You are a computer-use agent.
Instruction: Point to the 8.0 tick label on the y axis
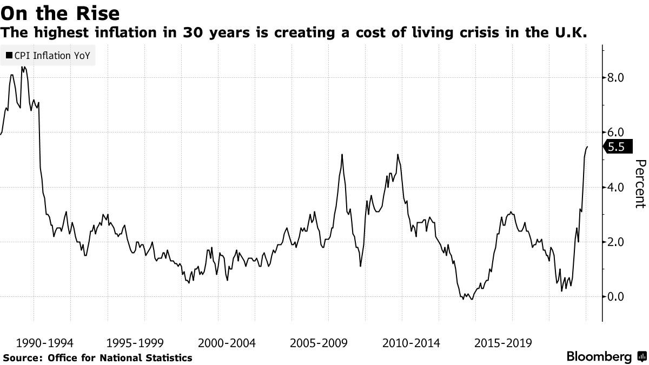tap(615, 78)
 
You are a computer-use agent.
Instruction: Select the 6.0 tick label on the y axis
tap(615, 132)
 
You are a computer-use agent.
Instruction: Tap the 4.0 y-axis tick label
tap(615, 187)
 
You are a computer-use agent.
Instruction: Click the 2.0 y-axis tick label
tap(615, 242)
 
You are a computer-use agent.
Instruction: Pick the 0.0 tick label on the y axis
tap(615, 296)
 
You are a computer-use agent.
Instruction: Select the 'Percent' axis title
tap(640, 184)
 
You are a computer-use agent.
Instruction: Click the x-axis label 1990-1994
tap(45, 343)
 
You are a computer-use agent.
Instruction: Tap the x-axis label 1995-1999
tap(136, 343)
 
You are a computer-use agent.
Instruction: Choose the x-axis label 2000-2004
tap(228, 343)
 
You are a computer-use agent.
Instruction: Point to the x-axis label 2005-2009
tap(319, 343)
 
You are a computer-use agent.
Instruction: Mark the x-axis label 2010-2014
tap(411, 343)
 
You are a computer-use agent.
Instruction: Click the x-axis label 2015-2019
tap(503, 343)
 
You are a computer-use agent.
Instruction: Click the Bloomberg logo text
tap(599, 357)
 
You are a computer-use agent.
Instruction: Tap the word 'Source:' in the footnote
tap(23, 357)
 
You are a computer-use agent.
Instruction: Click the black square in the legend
tap(9, 56)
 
